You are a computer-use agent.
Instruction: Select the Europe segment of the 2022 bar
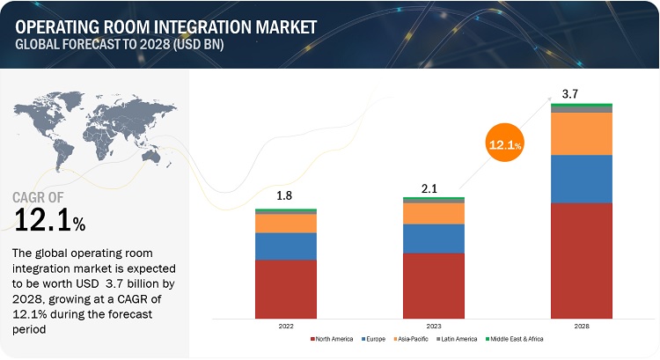[286, 246]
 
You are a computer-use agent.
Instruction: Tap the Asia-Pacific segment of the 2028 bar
[582, 133]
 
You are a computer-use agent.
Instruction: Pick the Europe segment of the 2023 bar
[434, 239]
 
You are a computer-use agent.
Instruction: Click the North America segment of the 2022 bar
[286, 288]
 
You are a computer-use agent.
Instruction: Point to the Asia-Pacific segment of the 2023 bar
[434, 213]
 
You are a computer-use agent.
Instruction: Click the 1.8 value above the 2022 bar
[286, 195]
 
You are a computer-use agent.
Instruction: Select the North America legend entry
[334, 339]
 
